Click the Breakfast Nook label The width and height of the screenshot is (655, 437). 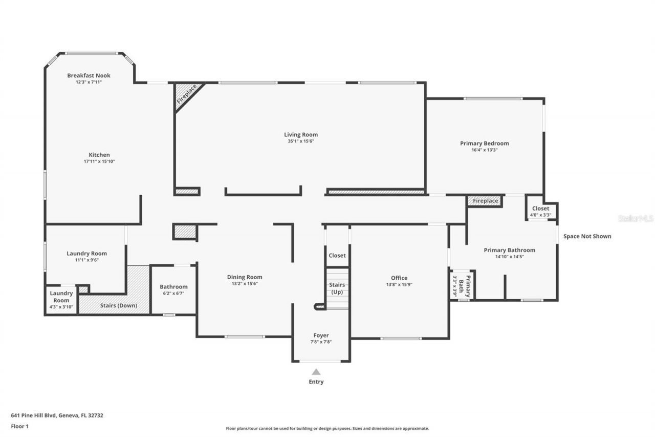89,75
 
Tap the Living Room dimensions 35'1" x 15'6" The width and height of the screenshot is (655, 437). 301,141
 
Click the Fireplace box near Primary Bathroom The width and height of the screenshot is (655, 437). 485,201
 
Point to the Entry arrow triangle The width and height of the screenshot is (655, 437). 316,372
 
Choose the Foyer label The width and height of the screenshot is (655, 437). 321,336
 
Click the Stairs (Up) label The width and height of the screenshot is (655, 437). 337,288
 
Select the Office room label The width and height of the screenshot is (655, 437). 399,278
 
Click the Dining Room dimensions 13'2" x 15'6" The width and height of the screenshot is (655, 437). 245,283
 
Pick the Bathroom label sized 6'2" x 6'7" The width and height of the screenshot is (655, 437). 173,287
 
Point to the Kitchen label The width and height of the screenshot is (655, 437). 99,155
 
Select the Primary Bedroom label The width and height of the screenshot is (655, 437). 484,143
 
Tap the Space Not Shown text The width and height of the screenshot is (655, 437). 587,236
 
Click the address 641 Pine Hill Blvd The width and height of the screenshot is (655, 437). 57,415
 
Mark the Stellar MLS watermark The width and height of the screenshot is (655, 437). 636,218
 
